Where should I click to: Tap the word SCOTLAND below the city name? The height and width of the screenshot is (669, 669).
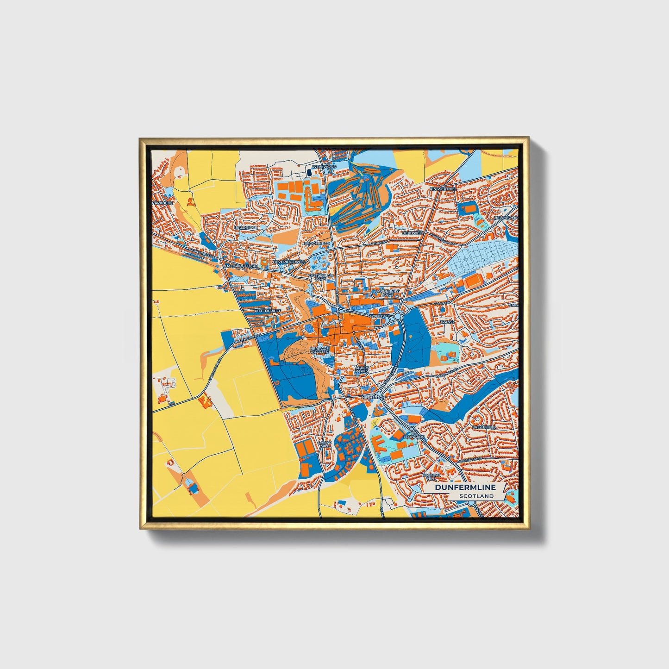pos(476,496)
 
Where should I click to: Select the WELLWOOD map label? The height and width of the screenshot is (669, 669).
pos(325,166)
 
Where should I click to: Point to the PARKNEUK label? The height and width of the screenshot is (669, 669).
pos(163,203)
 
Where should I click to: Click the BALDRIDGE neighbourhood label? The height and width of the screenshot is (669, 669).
pos(246,228)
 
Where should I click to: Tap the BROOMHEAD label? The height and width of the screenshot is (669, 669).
pos(317,243)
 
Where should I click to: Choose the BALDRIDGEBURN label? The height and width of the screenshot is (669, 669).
pos(241,267)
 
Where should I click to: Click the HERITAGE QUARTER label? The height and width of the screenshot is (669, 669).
pos(319,350)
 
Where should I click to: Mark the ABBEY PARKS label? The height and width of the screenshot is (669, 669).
pos(362,369)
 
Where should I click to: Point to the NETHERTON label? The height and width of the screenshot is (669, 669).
pos(373,398)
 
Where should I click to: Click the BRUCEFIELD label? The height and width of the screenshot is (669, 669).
pos(484,427)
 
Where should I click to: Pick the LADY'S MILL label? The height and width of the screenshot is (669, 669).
pos(325,444)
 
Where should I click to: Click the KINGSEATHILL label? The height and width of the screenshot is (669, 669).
pos(443,189)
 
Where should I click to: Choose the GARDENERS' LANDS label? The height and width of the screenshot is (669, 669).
pos(387,293)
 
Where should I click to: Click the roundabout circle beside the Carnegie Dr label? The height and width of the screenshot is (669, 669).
pos(398,316)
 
